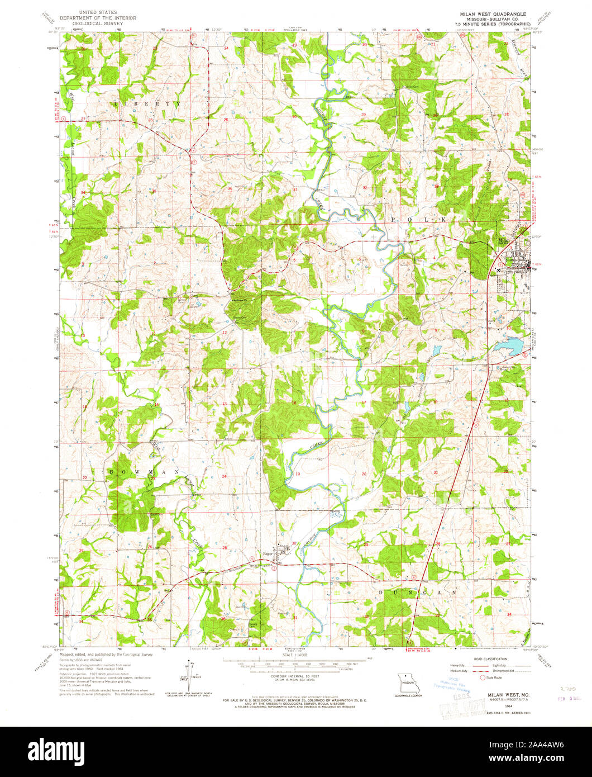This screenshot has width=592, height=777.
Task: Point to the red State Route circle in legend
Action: click(x=484, y=677)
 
